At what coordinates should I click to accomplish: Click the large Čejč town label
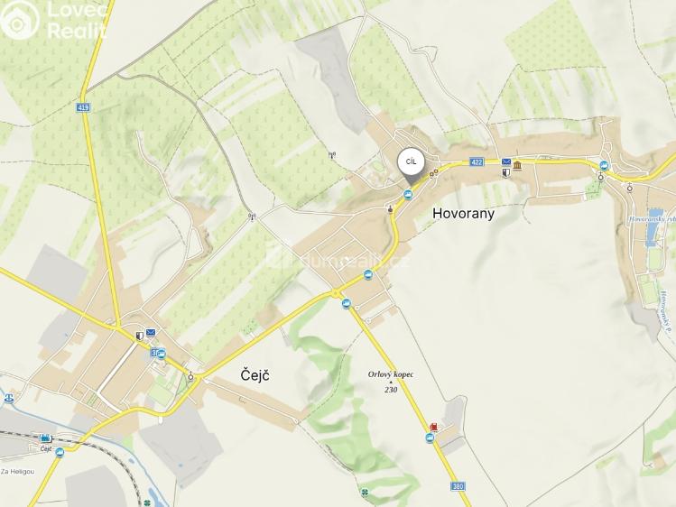point(256,373)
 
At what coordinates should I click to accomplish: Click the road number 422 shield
point(477,162)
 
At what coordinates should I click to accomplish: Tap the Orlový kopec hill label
point(390,375)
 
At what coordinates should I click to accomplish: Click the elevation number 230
point(391,389)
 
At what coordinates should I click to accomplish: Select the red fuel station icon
point(435,427)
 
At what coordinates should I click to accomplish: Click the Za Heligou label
point(17,471)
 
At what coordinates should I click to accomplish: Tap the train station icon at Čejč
point(45,438)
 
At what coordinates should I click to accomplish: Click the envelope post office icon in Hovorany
point(506,162)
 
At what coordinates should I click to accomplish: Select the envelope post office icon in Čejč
point(151,333)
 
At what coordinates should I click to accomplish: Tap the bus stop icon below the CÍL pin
point(407,197)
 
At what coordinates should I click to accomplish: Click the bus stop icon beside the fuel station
point(430,438)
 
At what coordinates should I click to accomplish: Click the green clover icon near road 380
point(364,492)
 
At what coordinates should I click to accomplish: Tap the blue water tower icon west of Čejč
point(8,397)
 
